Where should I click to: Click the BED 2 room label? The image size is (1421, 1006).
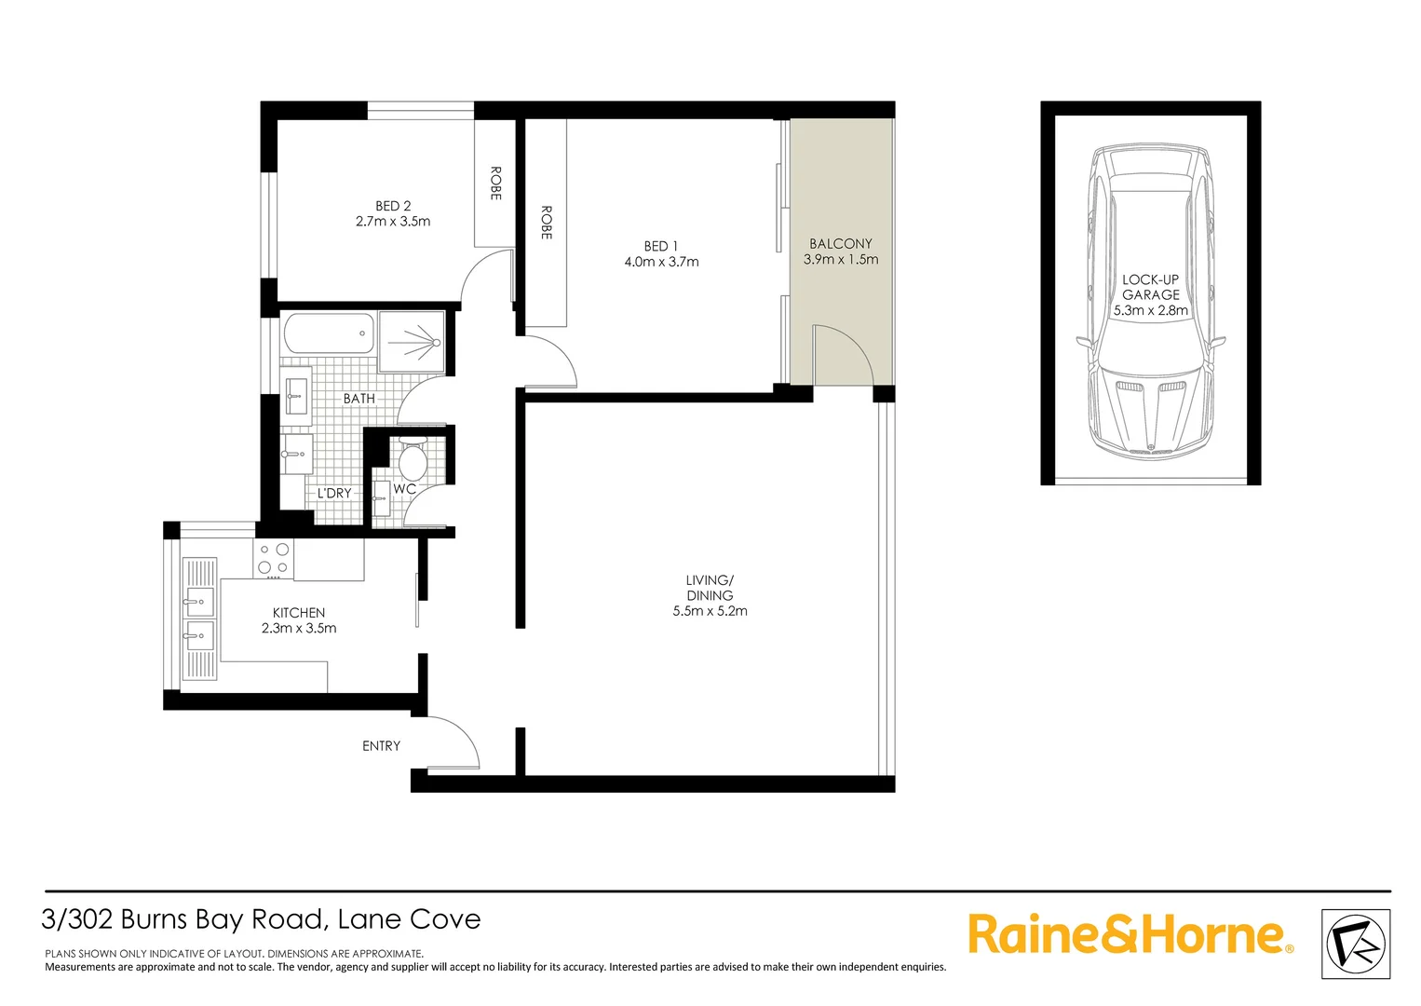(393, 206)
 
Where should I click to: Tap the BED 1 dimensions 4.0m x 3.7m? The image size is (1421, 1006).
(661, 262)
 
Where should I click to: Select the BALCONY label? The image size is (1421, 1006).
(840, 243)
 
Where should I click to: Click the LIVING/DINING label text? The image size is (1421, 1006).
(710, 588)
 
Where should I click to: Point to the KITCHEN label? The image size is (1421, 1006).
(299, 613)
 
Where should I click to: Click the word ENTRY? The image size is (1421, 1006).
(381, 746)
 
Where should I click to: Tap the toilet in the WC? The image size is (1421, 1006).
(413, 459)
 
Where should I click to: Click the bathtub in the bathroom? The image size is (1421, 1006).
(329, 333)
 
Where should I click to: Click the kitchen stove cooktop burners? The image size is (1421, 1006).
(273, 559)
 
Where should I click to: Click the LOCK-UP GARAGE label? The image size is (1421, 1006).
(1150, 287)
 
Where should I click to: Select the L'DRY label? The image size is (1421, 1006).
(334, 493)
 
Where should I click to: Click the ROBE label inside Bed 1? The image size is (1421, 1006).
(547, 223)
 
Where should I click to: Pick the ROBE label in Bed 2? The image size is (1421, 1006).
(495, 184)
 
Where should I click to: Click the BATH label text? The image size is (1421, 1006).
(359, 399)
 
